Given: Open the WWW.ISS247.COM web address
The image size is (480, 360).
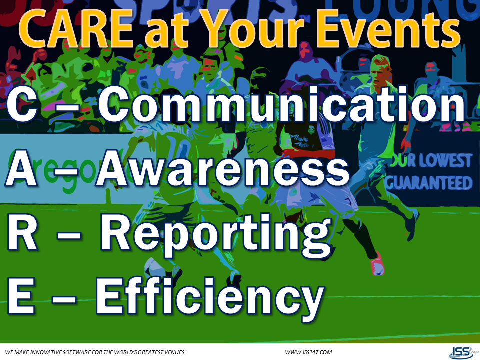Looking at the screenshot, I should (308, 352).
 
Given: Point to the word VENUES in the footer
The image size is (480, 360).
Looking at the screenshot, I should (172, 352).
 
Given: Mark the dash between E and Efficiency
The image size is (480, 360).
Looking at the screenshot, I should (62, 297).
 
